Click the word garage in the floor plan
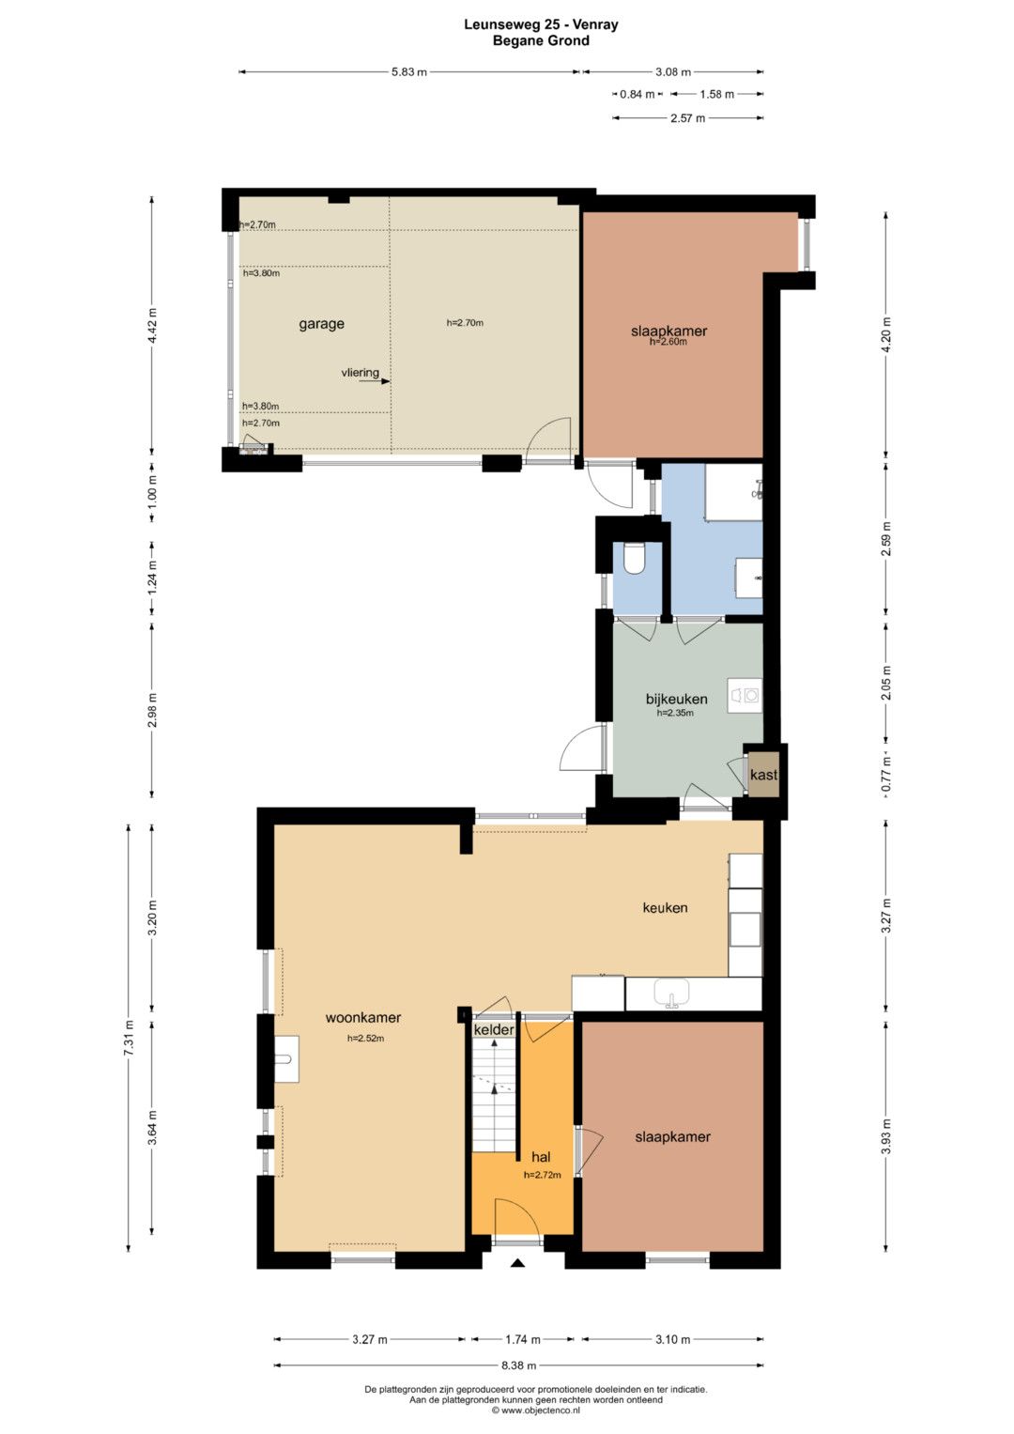(321, 324)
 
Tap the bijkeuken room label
(676, 699)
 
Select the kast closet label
(763, 775)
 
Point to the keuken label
(665, 907)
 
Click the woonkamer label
(363, 1017)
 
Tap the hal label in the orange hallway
(541, 1157)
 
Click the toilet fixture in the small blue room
(635, 558)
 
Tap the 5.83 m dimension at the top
(409, 72)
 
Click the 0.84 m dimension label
(637, 94)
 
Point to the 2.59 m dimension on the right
(886, 539)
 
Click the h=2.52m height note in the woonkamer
(365, 1039)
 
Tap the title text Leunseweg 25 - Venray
(541, 25)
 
